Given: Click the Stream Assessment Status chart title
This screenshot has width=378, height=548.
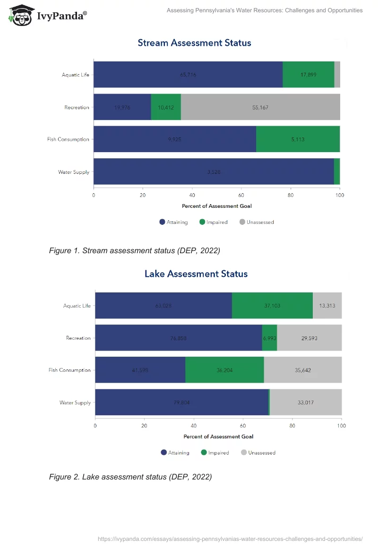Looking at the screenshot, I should (x=194, y=43).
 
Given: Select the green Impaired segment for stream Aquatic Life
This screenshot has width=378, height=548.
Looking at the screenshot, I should (x=308, y=75).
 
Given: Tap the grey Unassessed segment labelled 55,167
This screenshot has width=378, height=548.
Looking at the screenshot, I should (x=260, y=107).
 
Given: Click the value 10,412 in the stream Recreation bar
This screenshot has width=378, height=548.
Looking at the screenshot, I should (x=166, y=107).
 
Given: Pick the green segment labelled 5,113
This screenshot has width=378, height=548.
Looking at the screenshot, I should (x=298, y=139).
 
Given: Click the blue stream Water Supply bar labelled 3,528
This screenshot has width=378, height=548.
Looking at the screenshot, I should (x=214, y=171).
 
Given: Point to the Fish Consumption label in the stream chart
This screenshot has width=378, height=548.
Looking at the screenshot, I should (x=68, y=139).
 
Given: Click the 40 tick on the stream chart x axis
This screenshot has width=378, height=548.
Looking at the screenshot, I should (x=192, y=195).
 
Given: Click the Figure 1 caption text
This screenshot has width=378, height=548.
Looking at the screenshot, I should (x=134, y=251).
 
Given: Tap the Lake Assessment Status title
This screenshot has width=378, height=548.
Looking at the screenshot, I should (x=196, y=274).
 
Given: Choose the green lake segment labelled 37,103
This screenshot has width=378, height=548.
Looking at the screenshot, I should (x=272, y=306).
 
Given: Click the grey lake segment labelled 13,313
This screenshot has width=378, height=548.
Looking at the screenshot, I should (x=327, y=306).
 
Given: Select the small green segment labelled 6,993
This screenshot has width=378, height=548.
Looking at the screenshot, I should (x=269, y=338).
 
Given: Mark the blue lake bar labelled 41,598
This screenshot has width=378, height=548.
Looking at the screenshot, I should (x=140, y=370).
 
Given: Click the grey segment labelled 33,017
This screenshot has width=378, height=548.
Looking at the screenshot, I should (x=306, y=402).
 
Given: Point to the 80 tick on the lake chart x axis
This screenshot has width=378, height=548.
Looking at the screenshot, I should (x=292, y=426).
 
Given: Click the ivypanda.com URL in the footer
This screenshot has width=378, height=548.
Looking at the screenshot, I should (x=230, y=539).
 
